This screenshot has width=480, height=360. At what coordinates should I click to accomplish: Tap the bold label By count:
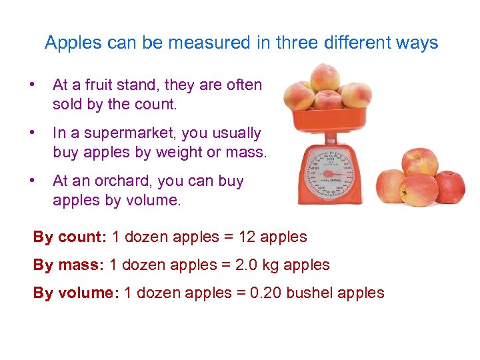coord(70,237)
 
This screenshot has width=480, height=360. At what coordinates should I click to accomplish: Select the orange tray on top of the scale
coord(327,119)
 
